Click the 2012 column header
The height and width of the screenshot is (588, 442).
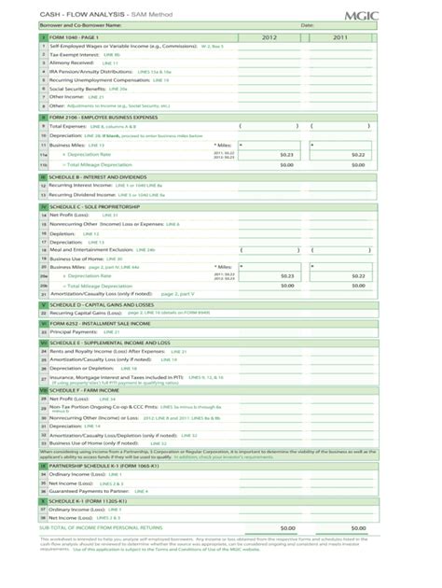coord(269,37)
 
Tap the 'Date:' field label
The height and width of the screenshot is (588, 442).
coord(307,25)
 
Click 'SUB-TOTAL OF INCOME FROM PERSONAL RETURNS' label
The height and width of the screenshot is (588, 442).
coord(106,527)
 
